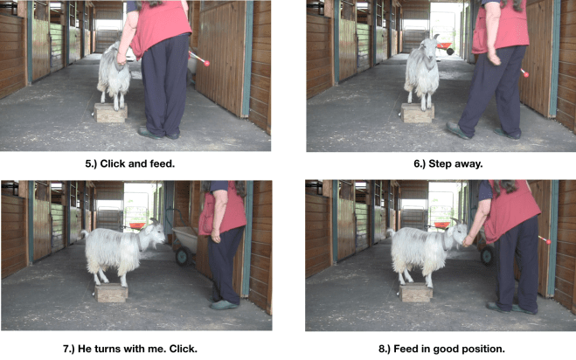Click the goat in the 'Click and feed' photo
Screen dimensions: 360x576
pos(114,74)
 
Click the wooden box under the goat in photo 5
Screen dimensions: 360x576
pos(111,113)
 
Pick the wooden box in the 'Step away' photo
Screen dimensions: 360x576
pos(418,113)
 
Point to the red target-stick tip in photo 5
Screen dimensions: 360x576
pos(210,63)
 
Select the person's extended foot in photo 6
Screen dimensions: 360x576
pos(458,132)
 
